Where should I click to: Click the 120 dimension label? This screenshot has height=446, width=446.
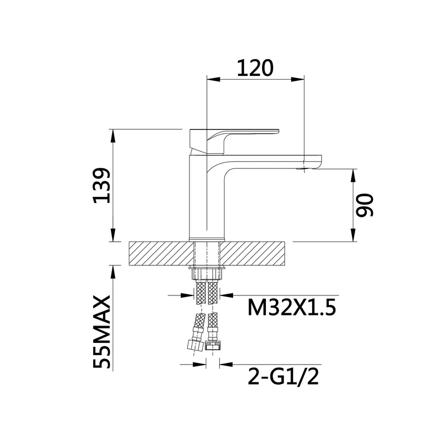coord(255,68)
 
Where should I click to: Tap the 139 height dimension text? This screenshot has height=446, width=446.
coord(101,186)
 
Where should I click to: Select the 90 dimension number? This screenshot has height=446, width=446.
coord(365,206)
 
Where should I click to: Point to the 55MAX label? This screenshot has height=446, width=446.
coord(101,332)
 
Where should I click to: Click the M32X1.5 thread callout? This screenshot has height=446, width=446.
coord(292,308)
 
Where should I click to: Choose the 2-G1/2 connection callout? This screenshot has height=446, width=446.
coord(283,377)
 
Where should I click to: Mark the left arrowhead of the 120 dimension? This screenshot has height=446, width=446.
coord(214,79)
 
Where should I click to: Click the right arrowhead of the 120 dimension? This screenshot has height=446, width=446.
coord(297,79)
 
